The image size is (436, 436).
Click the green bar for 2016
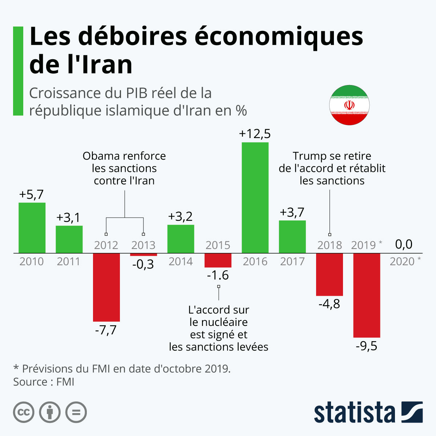(x=255, y=198)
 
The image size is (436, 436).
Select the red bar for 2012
(x=106, y=287)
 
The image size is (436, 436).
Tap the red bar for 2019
(x=367, y=295)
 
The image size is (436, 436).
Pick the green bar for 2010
(x=32, y=228)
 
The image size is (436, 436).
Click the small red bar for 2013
(x=144, y=255)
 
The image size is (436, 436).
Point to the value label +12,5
(x=255, y=134)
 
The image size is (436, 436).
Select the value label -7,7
(x=106, y=330)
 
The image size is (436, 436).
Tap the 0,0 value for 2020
(x=404, y=244)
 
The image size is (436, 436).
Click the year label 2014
(x=181, y=262)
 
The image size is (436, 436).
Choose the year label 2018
(x=330, y=245)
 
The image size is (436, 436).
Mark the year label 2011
(x=69, y=262)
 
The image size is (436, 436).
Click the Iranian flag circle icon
(x=349, y=105)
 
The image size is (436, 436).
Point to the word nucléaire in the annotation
(x=224, y=322)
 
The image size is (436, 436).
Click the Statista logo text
(x=354, y=412)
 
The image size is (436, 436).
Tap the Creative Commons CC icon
(x=24, y=412)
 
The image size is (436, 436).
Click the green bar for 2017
(x=292, y=237)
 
